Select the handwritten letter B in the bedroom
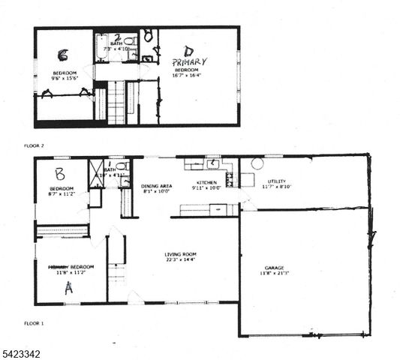click(61, 172)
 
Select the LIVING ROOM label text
click(182, 254)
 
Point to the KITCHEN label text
click(206, 183)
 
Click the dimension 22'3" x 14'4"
click(182, 260)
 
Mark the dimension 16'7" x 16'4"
click(190, 75)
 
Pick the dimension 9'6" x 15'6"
click(62, 79)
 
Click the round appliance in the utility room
click(257, 163)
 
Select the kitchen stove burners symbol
click(230, 179)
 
